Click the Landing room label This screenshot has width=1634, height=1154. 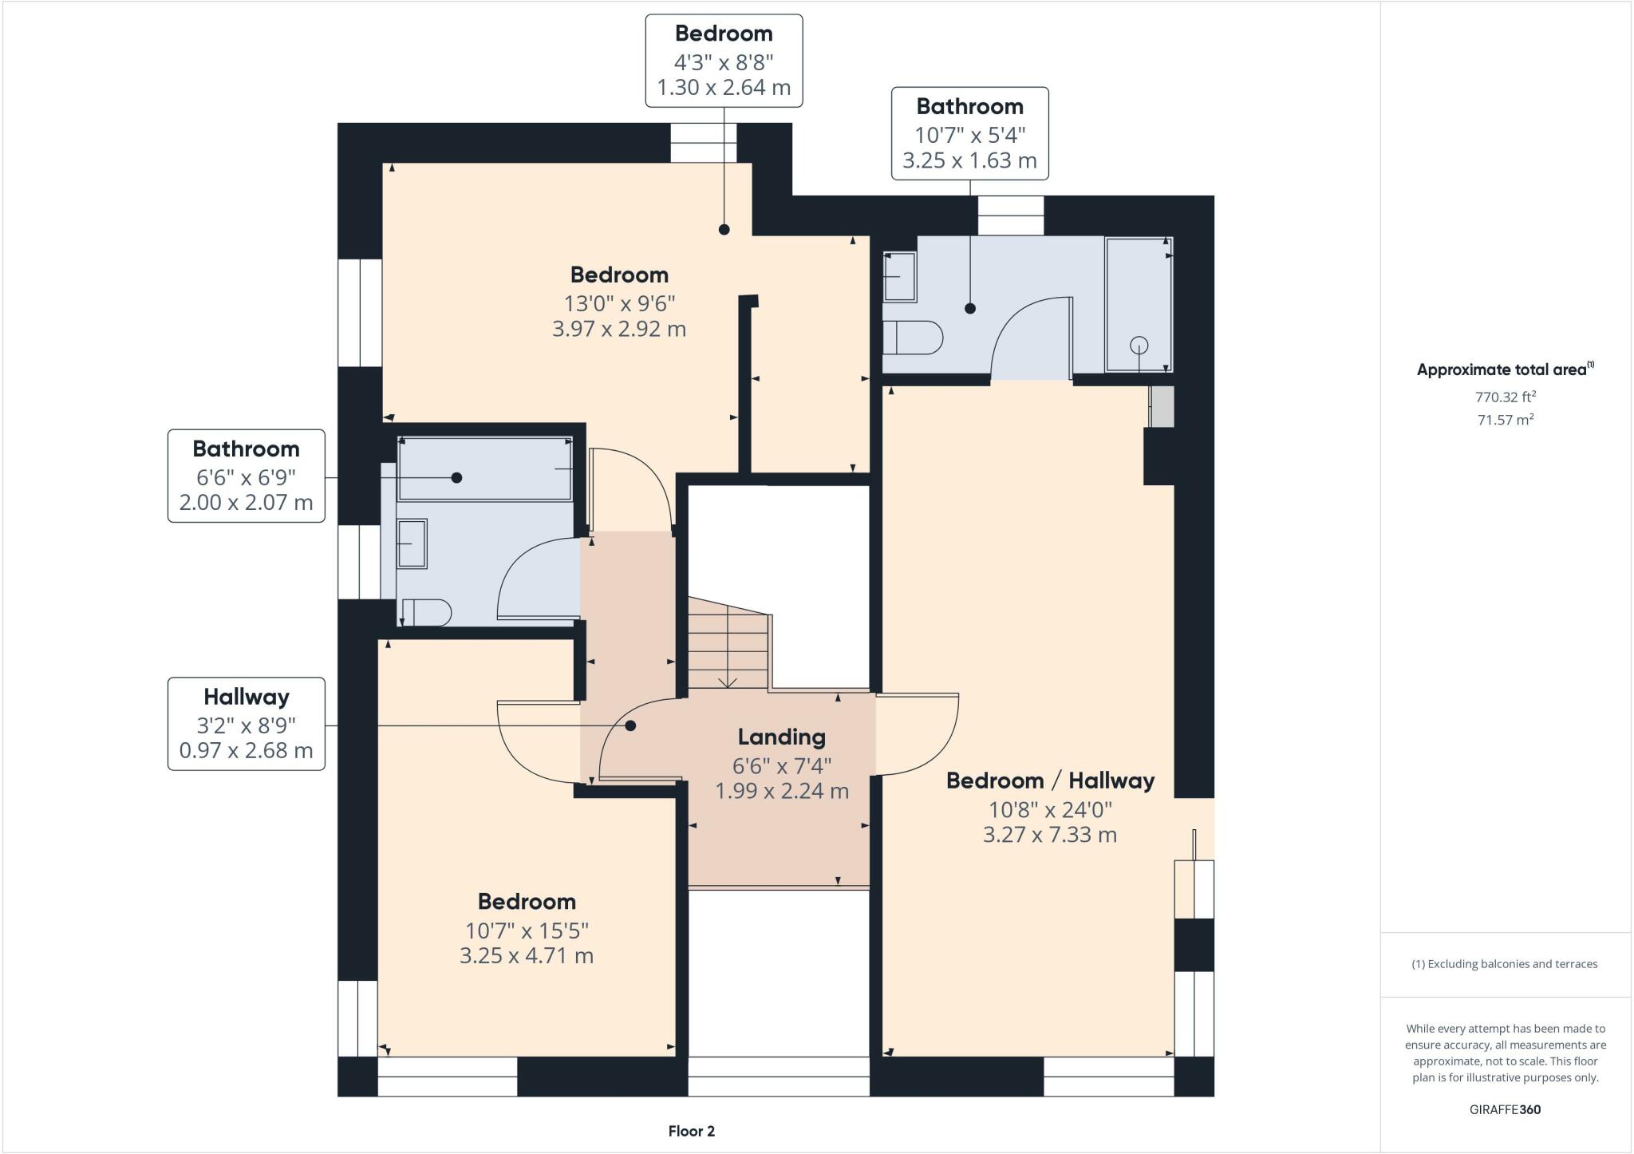pyautogui.click(x=781, y=737)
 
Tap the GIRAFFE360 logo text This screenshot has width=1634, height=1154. pyautogui.click(x=1505, y=1109)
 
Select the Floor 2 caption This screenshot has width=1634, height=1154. pyautogui.click(x=691, y=1131)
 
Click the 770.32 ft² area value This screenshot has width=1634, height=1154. pyautogui.click(x=1505, y=397)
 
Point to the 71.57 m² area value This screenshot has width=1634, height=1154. pyautogui.click(x=1505, y=420)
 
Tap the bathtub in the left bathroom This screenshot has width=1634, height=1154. pyautogui.click(x=485, y=468)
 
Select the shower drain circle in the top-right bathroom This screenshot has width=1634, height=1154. pyautogui.click(x=1139, y=345)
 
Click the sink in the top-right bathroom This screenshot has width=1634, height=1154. pyautogui.click(x=900, y=277)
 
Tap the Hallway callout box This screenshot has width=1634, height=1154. pyautogui.click(x=247, y=724)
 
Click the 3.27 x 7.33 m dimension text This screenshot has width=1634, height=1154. pyautogui.click(x=1049, y=835)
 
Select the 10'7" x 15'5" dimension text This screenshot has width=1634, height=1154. pyautogui.click(x=527, y=931)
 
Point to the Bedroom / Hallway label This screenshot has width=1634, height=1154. pyautogui.click(x=1050, y=781)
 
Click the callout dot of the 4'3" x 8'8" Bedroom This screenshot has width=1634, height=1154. pyautogui.click(x=724, y=230)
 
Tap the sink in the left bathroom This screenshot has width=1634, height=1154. pyautogui.click(x=412, y=543)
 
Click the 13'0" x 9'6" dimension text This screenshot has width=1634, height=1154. pyautogui.click(x=619, y=303)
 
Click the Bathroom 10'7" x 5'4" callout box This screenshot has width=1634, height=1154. pyautogui.click(x=969, y=133)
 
